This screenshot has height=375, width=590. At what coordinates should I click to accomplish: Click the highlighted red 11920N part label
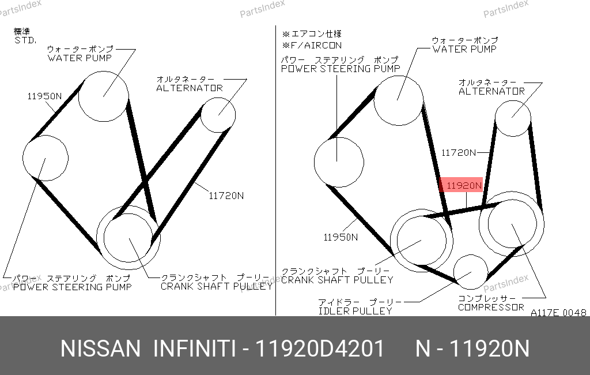pos(461,185)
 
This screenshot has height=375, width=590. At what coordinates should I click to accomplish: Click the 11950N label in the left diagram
pos(44,96)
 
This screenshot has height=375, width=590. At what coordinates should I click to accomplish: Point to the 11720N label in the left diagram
pos(226,196)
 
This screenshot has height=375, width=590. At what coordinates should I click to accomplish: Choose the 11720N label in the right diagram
pos(458,153)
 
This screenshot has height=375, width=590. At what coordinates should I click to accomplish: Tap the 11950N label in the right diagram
pos(341,237)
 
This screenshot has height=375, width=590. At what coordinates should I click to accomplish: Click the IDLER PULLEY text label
pos(355,311)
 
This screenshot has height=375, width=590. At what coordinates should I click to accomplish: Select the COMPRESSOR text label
pos(491,307)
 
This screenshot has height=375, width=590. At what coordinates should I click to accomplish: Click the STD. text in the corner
pos(25,40)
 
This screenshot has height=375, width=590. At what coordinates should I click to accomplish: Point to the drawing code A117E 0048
pos(558,313)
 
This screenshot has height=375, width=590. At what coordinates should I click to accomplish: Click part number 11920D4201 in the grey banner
pos(320,348)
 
